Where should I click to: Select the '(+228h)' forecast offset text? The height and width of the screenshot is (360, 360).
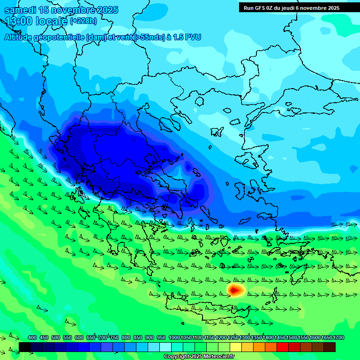[83, 21]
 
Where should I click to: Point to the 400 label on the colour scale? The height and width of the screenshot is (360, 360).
[32, 337]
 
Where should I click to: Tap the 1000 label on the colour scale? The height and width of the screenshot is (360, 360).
[174, 337]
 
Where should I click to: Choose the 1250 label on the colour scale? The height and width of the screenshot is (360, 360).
[232, 337]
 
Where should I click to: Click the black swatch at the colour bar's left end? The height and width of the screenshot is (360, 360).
[25, 347]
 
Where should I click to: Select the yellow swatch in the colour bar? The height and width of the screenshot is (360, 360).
[236, 347]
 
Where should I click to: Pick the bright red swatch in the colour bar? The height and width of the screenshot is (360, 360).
[283, 347]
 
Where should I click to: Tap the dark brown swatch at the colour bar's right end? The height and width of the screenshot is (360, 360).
[330, 347]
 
